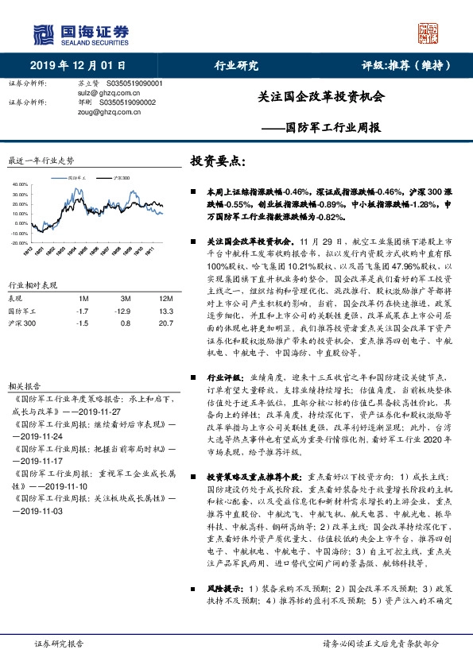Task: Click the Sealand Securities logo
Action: pos(79,34)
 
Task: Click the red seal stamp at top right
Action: pos(429,33)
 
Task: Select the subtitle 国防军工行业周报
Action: pos(332,127)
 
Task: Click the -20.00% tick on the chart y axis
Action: pos(18,242)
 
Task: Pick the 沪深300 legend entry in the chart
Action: pos(122,178)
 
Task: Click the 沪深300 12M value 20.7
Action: pos(157,324)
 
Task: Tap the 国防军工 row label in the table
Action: pos(22,311)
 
